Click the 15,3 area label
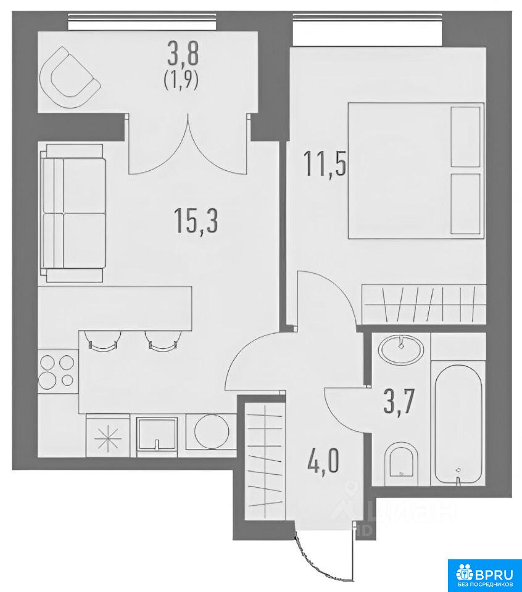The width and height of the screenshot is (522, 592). pyautogui.click(x=196, y=221)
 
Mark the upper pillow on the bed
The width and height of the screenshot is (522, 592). pyautogui.click(x=466, y=137)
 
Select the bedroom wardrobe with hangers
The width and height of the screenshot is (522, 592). pyautogui.click(x=423, y=304)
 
